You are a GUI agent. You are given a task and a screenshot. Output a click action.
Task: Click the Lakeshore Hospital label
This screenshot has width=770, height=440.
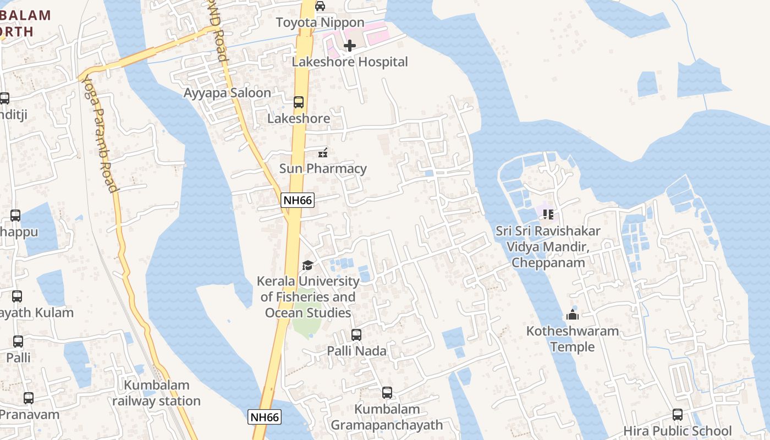(350, 62)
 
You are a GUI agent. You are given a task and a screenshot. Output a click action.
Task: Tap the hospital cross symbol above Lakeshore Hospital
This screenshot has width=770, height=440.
(349, 46)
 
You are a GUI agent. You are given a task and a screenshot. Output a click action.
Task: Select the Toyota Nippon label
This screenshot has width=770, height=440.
(320, 23)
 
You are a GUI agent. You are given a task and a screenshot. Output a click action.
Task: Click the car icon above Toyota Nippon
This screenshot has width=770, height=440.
(320, 6)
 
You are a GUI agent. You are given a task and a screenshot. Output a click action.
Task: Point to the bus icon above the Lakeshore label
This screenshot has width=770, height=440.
(299, 102)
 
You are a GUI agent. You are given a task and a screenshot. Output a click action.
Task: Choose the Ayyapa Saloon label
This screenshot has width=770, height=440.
(227, 93)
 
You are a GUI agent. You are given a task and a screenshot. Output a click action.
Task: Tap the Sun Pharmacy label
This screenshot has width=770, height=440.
(323, 168)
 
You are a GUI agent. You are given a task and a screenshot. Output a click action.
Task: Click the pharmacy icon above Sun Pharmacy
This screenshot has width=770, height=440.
(323, 153)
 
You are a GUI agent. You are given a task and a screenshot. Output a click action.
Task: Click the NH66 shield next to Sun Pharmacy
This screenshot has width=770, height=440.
(298, 200)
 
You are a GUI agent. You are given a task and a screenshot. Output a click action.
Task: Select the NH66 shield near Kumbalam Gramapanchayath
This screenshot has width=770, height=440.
(265, 417)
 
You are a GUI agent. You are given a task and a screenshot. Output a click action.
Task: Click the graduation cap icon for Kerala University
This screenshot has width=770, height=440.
(307, 266)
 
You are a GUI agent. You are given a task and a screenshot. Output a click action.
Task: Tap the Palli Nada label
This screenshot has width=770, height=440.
(356, 351)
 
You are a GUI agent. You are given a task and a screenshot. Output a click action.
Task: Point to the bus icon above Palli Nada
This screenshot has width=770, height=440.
(356, 335)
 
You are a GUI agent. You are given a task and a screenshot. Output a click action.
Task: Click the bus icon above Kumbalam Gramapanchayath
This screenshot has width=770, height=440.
(387, 393)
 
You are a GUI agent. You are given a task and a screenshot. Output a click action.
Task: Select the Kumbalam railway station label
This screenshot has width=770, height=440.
(156, 393)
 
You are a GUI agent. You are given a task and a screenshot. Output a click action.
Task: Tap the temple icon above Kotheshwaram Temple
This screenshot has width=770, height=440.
(573, 315)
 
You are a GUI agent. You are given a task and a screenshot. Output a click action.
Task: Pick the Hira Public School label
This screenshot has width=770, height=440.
(678, 431)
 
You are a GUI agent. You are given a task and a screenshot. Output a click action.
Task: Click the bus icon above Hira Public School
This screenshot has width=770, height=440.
(678, 415)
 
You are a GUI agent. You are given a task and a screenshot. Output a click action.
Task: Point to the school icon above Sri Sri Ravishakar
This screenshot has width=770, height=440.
(548, 215)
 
